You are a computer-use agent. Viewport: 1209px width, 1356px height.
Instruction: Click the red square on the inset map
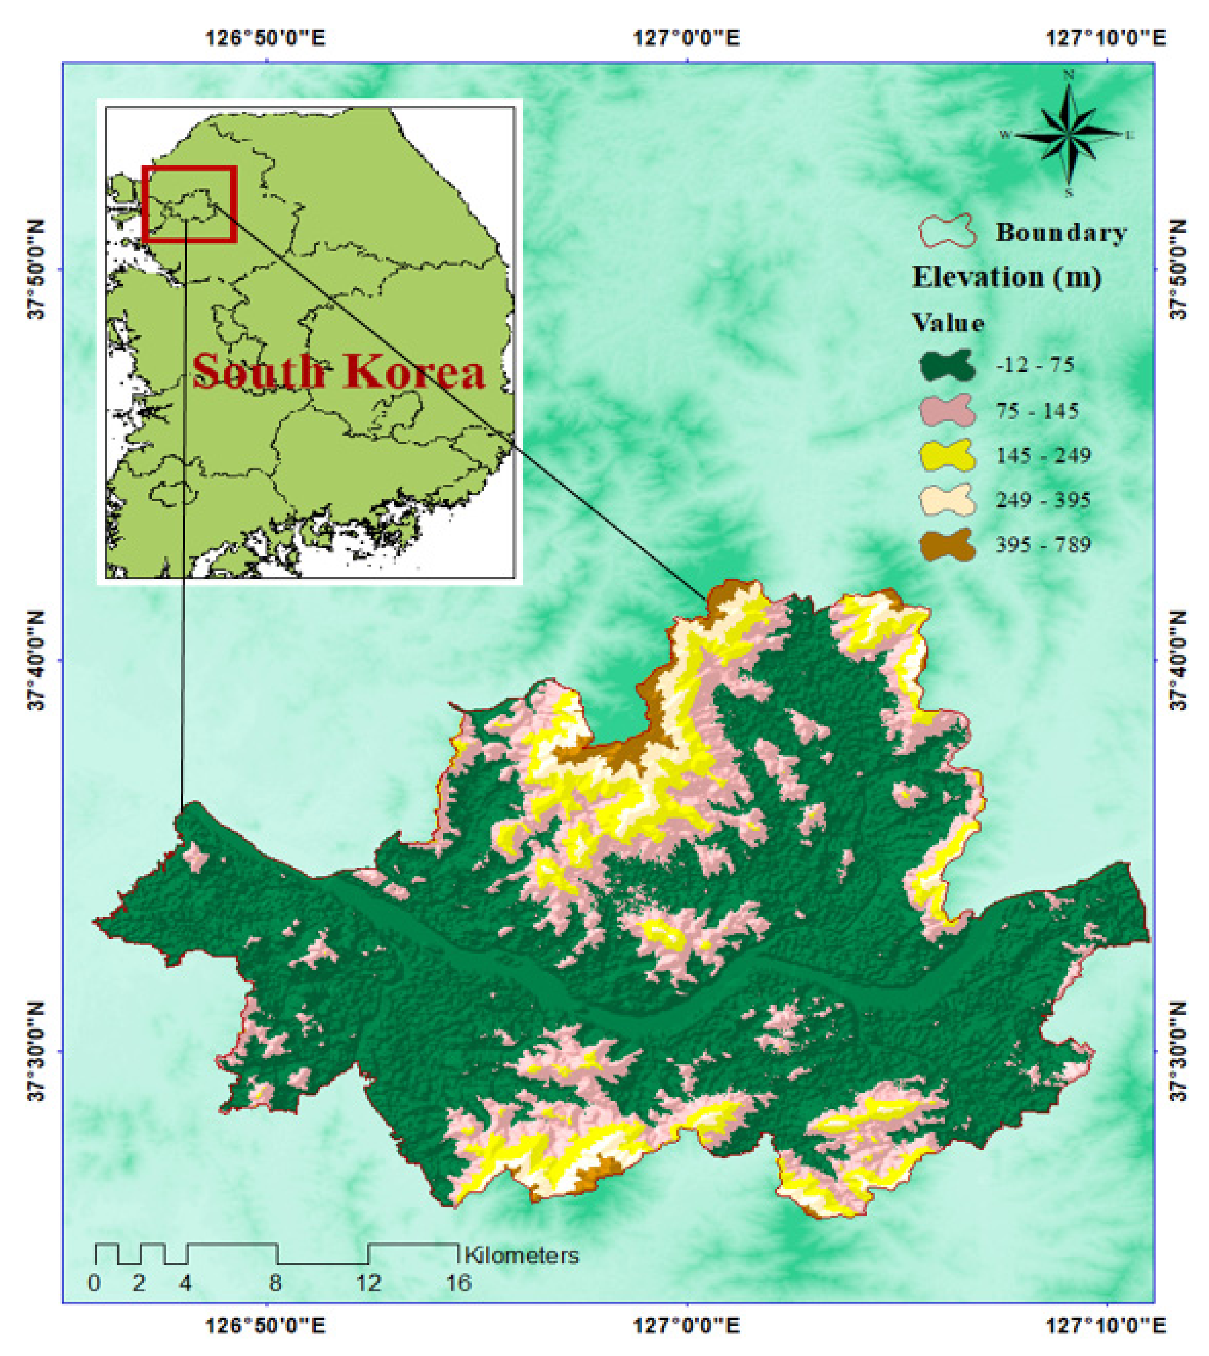point(189,204)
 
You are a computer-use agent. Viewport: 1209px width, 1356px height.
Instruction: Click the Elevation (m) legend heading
point(1006,277)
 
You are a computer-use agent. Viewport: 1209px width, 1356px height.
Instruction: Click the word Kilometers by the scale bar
point(521,1255)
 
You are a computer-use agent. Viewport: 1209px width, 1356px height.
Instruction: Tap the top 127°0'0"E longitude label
point(687,38)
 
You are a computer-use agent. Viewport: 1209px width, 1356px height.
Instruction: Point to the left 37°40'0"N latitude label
point(36,660)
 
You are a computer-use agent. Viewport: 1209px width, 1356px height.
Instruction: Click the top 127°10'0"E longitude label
point(1107,38)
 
